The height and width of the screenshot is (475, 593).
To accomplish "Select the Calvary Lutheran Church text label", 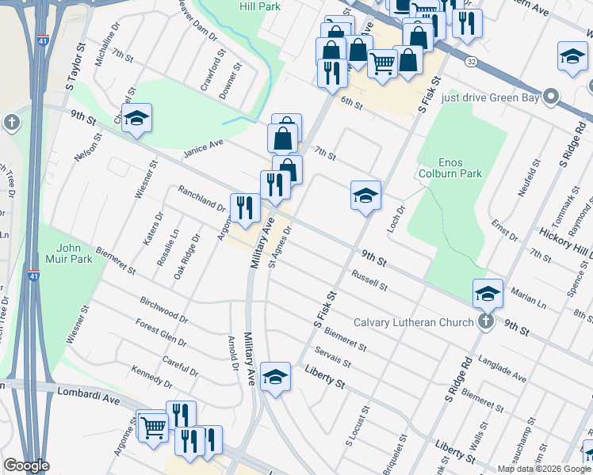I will [412, 322].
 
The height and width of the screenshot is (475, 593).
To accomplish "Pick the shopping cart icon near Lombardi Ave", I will [152, 427].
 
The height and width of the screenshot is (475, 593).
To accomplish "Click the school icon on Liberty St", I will [275, 377].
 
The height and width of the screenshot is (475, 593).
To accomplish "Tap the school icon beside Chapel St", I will [137, 118].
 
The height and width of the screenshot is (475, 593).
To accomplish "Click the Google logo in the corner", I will [26, 465].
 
